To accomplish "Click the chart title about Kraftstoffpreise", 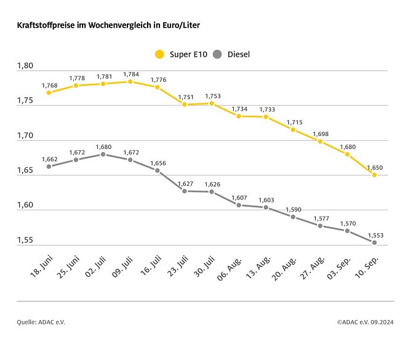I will pos(108,25).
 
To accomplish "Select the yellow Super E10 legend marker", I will pos(160,54).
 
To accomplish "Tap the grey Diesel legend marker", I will pos(217,54).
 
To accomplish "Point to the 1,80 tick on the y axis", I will pos(26,66).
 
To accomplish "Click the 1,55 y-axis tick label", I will pos(26,240).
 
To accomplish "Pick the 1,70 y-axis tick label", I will pos(26,136).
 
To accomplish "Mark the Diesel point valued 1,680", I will pos(103,154).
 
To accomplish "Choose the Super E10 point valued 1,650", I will pos(374,175).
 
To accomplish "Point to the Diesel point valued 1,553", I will pos(374,242).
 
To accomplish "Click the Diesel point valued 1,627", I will pos(185,191).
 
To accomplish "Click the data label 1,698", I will pos(320,134).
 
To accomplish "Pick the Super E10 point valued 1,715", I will pos(293,130).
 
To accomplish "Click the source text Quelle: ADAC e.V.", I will pos(41,321).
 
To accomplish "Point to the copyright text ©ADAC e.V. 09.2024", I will pos(365,321).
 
